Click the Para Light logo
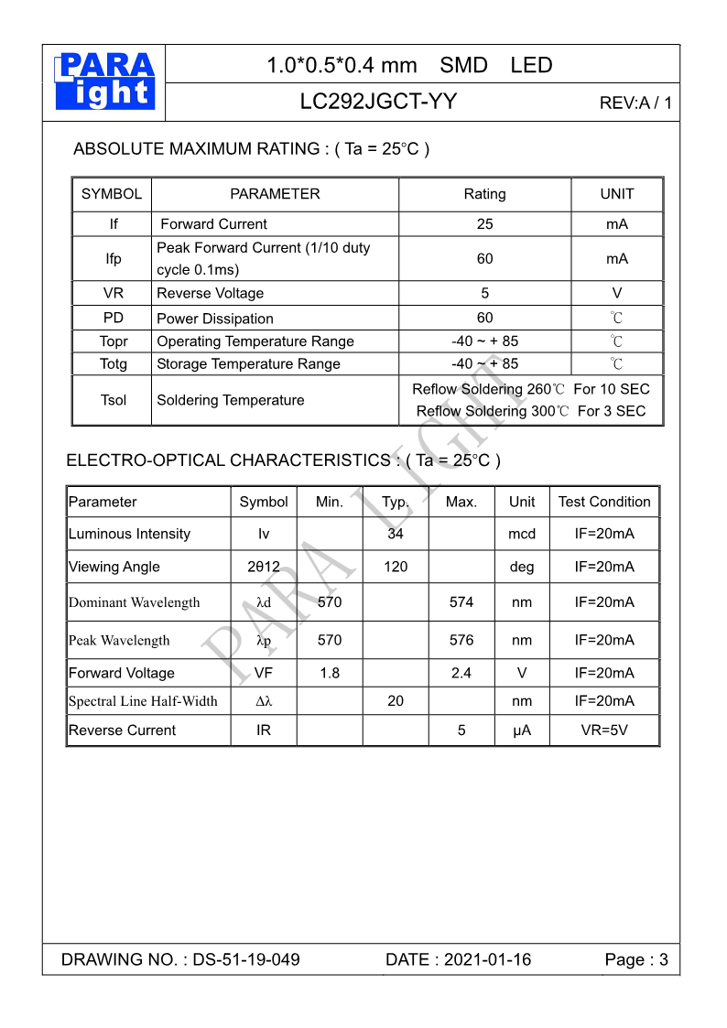[x=105, y=81]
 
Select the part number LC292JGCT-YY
[x=378, y=102]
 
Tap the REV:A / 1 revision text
[x=635, y=103]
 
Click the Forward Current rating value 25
[x=484, y=224]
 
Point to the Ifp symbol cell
[x=113, y=259]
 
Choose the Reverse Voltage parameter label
[x=211, y=294]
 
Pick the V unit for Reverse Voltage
[x=616, y=294]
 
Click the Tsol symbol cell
[x=113, y=400]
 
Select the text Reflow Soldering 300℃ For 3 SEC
[x=531, y=411]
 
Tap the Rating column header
[x=484, y=194]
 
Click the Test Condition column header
[x=604, y=502]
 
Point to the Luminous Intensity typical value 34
[x=396, y=534]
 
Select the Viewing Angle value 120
[x=396, y=567]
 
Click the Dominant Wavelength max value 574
[x=461, y=602]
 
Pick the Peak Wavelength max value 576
[x=461, y=640]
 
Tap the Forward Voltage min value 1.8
[x=330, y=673]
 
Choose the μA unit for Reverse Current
[x=522, y=730]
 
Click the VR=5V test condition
[x=604, y=730]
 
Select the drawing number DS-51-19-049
[x=246, y=959]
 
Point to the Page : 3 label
[x=636, y=959]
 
